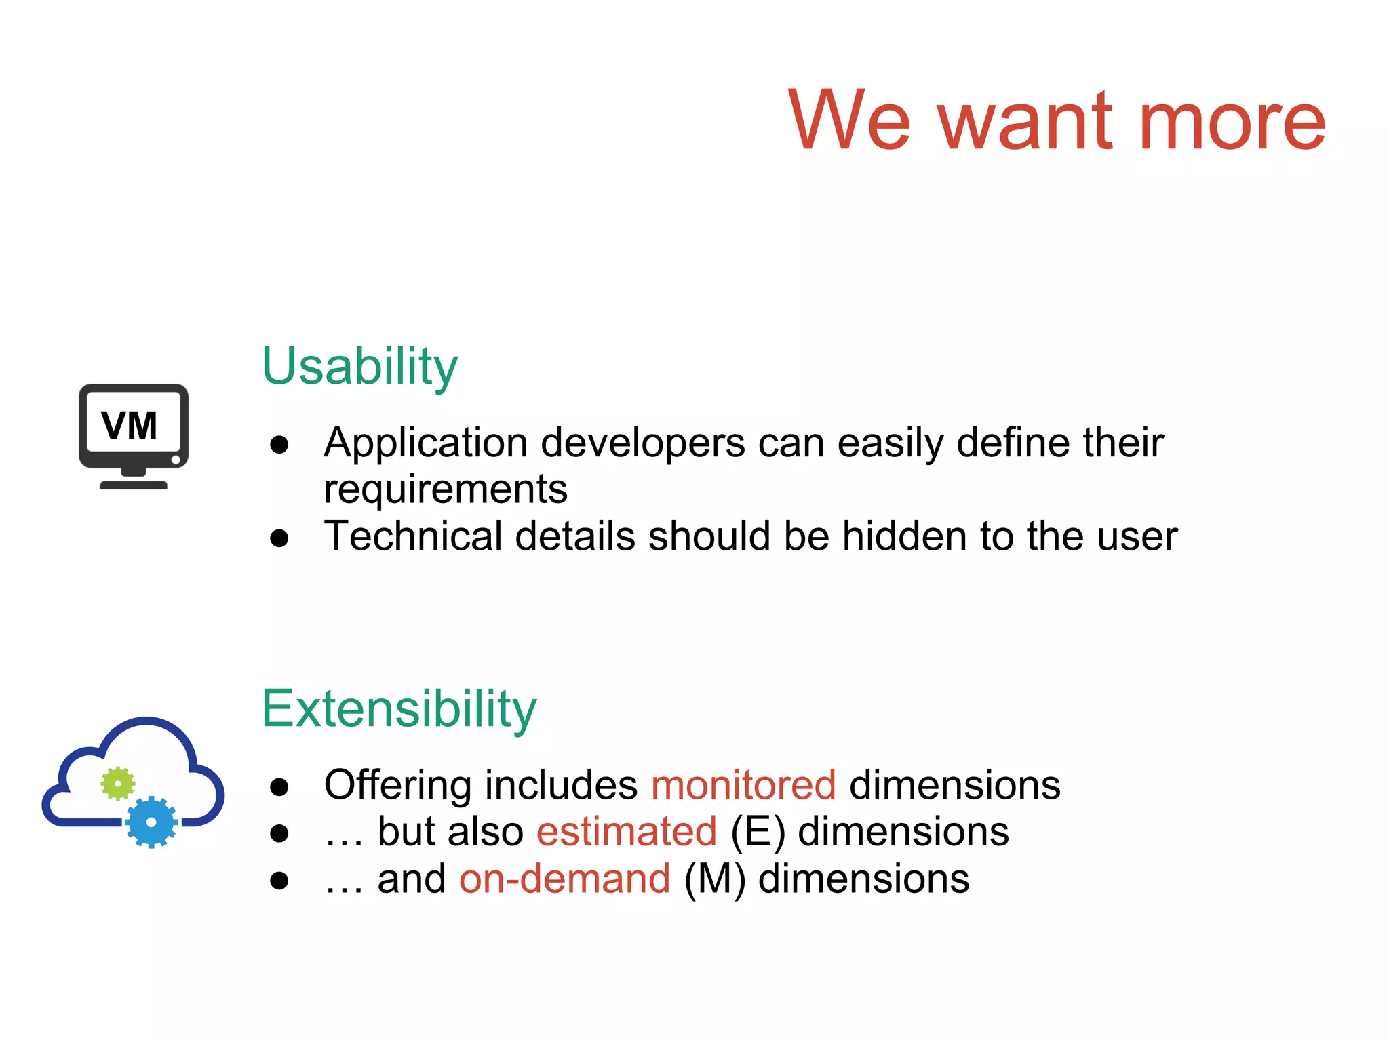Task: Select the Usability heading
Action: [359, 367]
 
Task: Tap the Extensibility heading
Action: [399, 709]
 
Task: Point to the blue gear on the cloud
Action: [151, 822]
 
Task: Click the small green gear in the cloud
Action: [118, 784]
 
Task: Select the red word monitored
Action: [743, 785]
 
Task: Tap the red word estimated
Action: [626, 832]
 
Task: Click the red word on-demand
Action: [564, 879]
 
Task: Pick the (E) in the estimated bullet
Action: [758, 832]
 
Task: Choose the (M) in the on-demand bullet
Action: [714, 879]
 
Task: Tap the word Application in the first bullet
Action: [425, 443]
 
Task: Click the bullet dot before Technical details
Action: [279, 538]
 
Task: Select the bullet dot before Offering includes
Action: [279, 787]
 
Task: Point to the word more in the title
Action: [1232, 122]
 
